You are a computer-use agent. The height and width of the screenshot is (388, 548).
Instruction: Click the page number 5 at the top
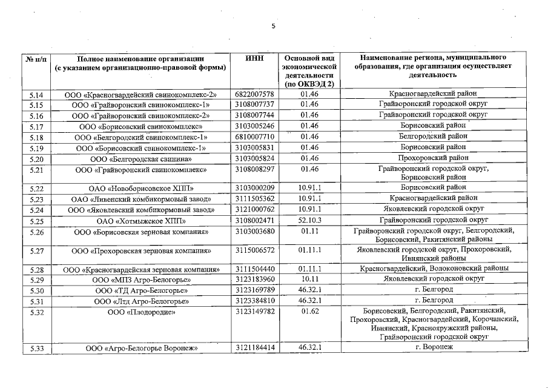click(273, 26)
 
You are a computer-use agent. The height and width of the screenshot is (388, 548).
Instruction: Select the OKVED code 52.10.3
click(309, 220)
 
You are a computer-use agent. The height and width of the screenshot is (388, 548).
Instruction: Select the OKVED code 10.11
click(309, 279)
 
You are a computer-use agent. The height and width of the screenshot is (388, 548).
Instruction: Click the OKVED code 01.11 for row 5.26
click(309, 231)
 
